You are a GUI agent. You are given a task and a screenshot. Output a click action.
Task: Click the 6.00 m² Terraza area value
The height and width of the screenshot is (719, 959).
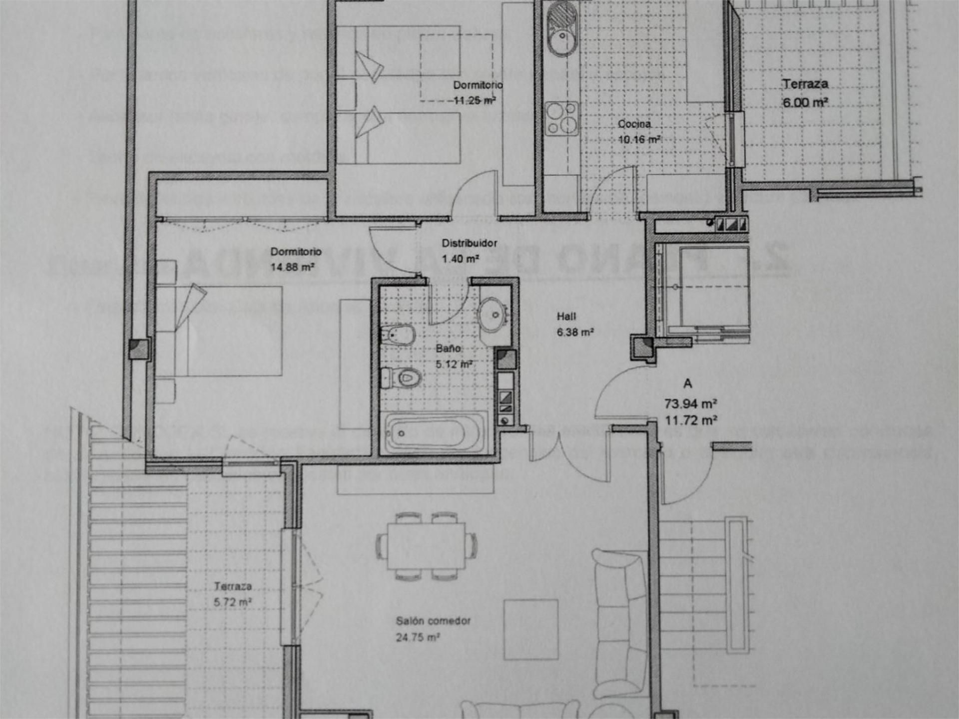(805, 102)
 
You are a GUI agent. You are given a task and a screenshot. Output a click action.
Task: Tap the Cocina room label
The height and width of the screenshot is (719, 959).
(634, 124)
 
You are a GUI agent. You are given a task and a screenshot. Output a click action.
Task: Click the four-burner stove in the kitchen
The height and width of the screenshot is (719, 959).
(561, 118)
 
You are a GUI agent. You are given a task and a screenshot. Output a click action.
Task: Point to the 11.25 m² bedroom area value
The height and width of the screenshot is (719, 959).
(474, 100)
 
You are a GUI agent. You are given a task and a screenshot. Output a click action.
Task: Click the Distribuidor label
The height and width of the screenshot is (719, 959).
(469, 243)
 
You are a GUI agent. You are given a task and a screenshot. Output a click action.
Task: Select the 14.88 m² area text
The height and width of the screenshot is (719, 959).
(292, 267)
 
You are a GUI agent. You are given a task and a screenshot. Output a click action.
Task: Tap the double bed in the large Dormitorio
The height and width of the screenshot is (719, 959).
(230, 331)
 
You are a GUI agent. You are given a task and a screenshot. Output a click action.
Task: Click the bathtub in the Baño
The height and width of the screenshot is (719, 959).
(434, 433)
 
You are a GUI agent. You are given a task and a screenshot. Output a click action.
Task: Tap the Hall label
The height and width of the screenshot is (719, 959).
(566, 316)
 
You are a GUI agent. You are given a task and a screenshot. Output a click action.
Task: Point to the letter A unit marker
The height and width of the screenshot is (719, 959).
(688, 383)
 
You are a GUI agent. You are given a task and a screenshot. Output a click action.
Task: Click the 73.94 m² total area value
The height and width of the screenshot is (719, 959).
(690, 403)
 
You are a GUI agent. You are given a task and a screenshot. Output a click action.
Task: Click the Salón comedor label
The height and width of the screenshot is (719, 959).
(433, 621)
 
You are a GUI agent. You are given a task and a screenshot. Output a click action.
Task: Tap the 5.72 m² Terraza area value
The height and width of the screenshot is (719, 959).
(232, 602)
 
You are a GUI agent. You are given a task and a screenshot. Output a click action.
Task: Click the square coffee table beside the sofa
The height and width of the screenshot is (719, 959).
(530, 629)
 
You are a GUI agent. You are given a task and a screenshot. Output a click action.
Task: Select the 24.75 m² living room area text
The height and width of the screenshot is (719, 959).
(418, 637)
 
